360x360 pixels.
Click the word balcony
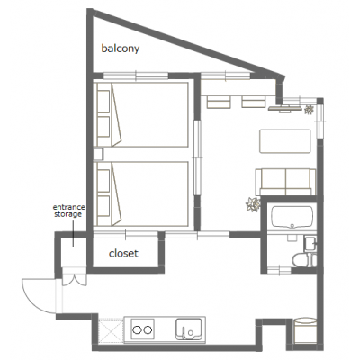click(x=121, y=49)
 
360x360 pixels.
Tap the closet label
click(x=123, y=254)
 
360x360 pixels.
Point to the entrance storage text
click(x=68, y=211)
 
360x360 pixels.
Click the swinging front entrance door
click(x=39, y=296)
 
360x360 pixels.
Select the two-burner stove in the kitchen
click(x=143, y=329)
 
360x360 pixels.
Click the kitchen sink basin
click(x=189, y=329)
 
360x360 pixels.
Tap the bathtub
click(x=292, y=217)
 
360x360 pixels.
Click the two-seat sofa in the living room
click(x=285, y=182)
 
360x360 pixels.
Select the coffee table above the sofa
click(x=285, y=141)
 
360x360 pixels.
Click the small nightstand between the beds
click(x=98, y=155)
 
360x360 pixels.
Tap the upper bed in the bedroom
click(x=141, y=114)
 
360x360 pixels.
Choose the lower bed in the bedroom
click(x=141, y=193)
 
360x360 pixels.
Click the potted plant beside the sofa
click(x=253, y=205)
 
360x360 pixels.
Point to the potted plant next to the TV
click(x=309, y=110)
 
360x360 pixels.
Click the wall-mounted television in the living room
click(x=285, y=109)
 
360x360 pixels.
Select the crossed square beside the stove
click(x=111, y=330)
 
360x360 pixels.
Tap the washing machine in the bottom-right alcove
click(x=305, y=330)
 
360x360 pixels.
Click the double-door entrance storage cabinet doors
click(x=74, y=277)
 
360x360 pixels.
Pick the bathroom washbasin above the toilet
click(x=310, y=244)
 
